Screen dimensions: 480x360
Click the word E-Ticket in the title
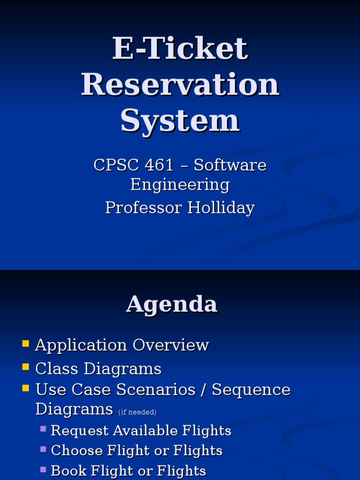(x=180, y=48)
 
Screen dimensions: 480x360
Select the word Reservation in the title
(x=180, y=85)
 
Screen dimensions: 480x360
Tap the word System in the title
(x=180, y=120)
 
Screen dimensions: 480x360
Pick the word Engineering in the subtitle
(x=180, y=185)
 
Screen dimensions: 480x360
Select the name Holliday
(x=221, y=208)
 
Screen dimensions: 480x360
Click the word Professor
(x=144, y=208)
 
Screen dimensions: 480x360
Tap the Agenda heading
(x=172, y=305)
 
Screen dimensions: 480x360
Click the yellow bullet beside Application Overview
(x=26, y=344)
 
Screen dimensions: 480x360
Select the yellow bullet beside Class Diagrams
(x=26, y=367)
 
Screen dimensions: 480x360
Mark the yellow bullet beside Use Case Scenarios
(x=26, y=388)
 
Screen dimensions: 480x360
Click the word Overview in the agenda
(x=171, y=345)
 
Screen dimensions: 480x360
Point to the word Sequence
(x=251, y=390)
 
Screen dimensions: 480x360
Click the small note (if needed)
(x=137, y=412)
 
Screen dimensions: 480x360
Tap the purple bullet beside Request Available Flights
(x=43, y=428)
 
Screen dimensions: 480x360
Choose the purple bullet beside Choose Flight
(x=43, y=449)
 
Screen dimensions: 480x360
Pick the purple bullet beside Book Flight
(x=43, y=469)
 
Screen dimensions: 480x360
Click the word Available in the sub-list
(x=144, y=430)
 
